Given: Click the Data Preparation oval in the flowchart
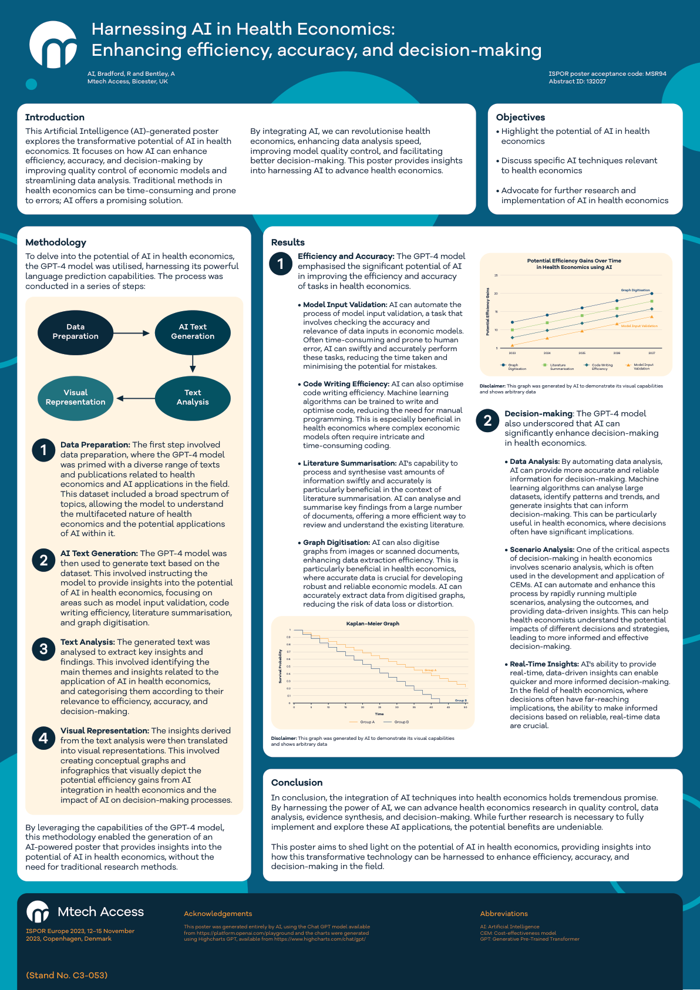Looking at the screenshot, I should click(x=75, y=332).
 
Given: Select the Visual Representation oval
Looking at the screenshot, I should click(x=75, y=398).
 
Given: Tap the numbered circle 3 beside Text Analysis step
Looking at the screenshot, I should click(x=43, y=649).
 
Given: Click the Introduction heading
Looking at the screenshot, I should click(x=55, y=117).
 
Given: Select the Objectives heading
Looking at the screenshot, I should click(x=520, y=117).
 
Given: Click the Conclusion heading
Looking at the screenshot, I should click(x=297, y=783).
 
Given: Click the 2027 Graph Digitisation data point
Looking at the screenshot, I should click(x=651, y=294).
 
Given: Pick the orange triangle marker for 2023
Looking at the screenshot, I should click(x=512, y=345).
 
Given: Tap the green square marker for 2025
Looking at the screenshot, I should click(x=582, y=316).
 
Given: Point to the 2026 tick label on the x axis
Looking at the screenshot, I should click(x=617, y=353).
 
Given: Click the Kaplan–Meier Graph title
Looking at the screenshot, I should click(x=372, y=624).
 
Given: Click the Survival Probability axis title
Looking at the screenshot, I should click(x=280, y=666).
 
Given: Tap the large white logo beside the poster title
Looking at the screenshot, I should click(x=53, y=45).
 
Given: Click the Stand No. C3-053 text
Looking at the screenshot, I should click(x=66, y=975).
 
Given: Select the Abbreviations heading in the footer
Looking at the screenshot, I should click(x=504, y=914).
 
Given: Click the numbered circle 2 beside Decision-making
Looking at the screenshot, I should click(x=487, y=420).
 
